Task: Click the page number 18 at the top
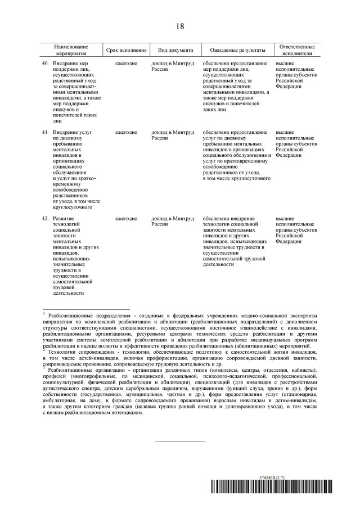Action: [x=180, y=26]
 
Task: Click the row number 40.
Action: [x=46, y=64]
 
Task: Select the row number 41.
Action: [x=46, y=132]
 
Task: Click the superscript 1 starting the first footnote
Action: [x=44, y=312]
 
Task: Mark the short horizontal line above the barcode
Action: [x=180, y=442]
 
